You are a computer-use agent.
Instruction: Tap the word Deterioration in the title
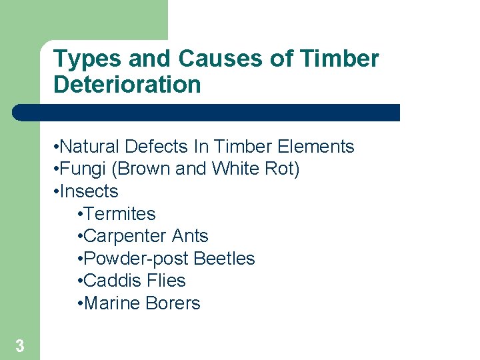click(127, 85)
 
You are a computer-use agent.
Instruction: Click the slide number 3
click(20, 346)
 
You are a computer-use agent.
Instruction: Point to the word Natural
click(91, 147)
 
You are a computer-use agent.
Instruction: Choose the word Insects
click(89, 191)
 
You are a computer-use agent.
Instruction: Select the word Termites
click(120, 214)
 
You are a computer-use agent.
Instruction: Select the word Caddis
click(112, 281)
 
